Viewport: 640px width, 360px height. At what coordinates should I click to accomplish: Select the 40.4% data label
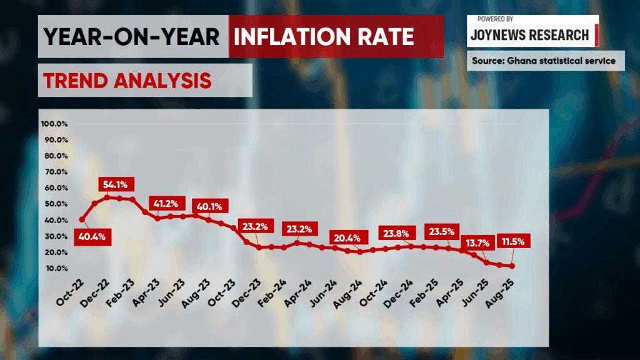(92, 237)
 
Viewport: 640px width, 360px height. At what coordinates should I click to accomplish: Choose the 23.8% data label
(396, 234)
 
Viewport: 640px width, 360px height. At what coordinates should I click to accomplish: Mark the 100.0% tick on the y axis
(54, 124)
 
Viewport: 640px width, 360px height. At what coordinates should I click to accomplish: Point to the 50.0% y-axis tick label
(56, 204)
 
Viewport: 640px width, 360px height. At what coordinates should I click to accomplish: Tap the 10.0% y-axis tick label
(56, 269)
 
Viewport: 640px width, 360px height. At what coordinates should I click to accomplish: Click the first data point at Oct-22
(82, 219)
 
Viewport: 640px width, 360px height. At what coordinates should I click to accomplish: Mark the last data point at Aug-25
(512, 266)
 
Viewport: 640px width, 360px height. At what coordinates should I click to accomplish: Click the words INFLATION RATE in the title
(324, 37)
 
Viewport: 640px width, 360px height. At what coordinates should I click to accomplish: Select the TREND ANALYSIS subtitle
(127, 80)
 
